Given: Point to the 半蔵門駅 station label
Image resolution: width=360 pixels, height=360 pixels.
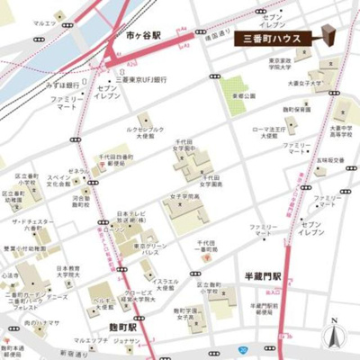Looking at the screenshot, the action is (264, 276).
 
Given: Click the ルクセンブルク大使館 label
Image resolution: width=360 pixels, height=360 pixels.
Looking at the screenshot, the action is (147, 130).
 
